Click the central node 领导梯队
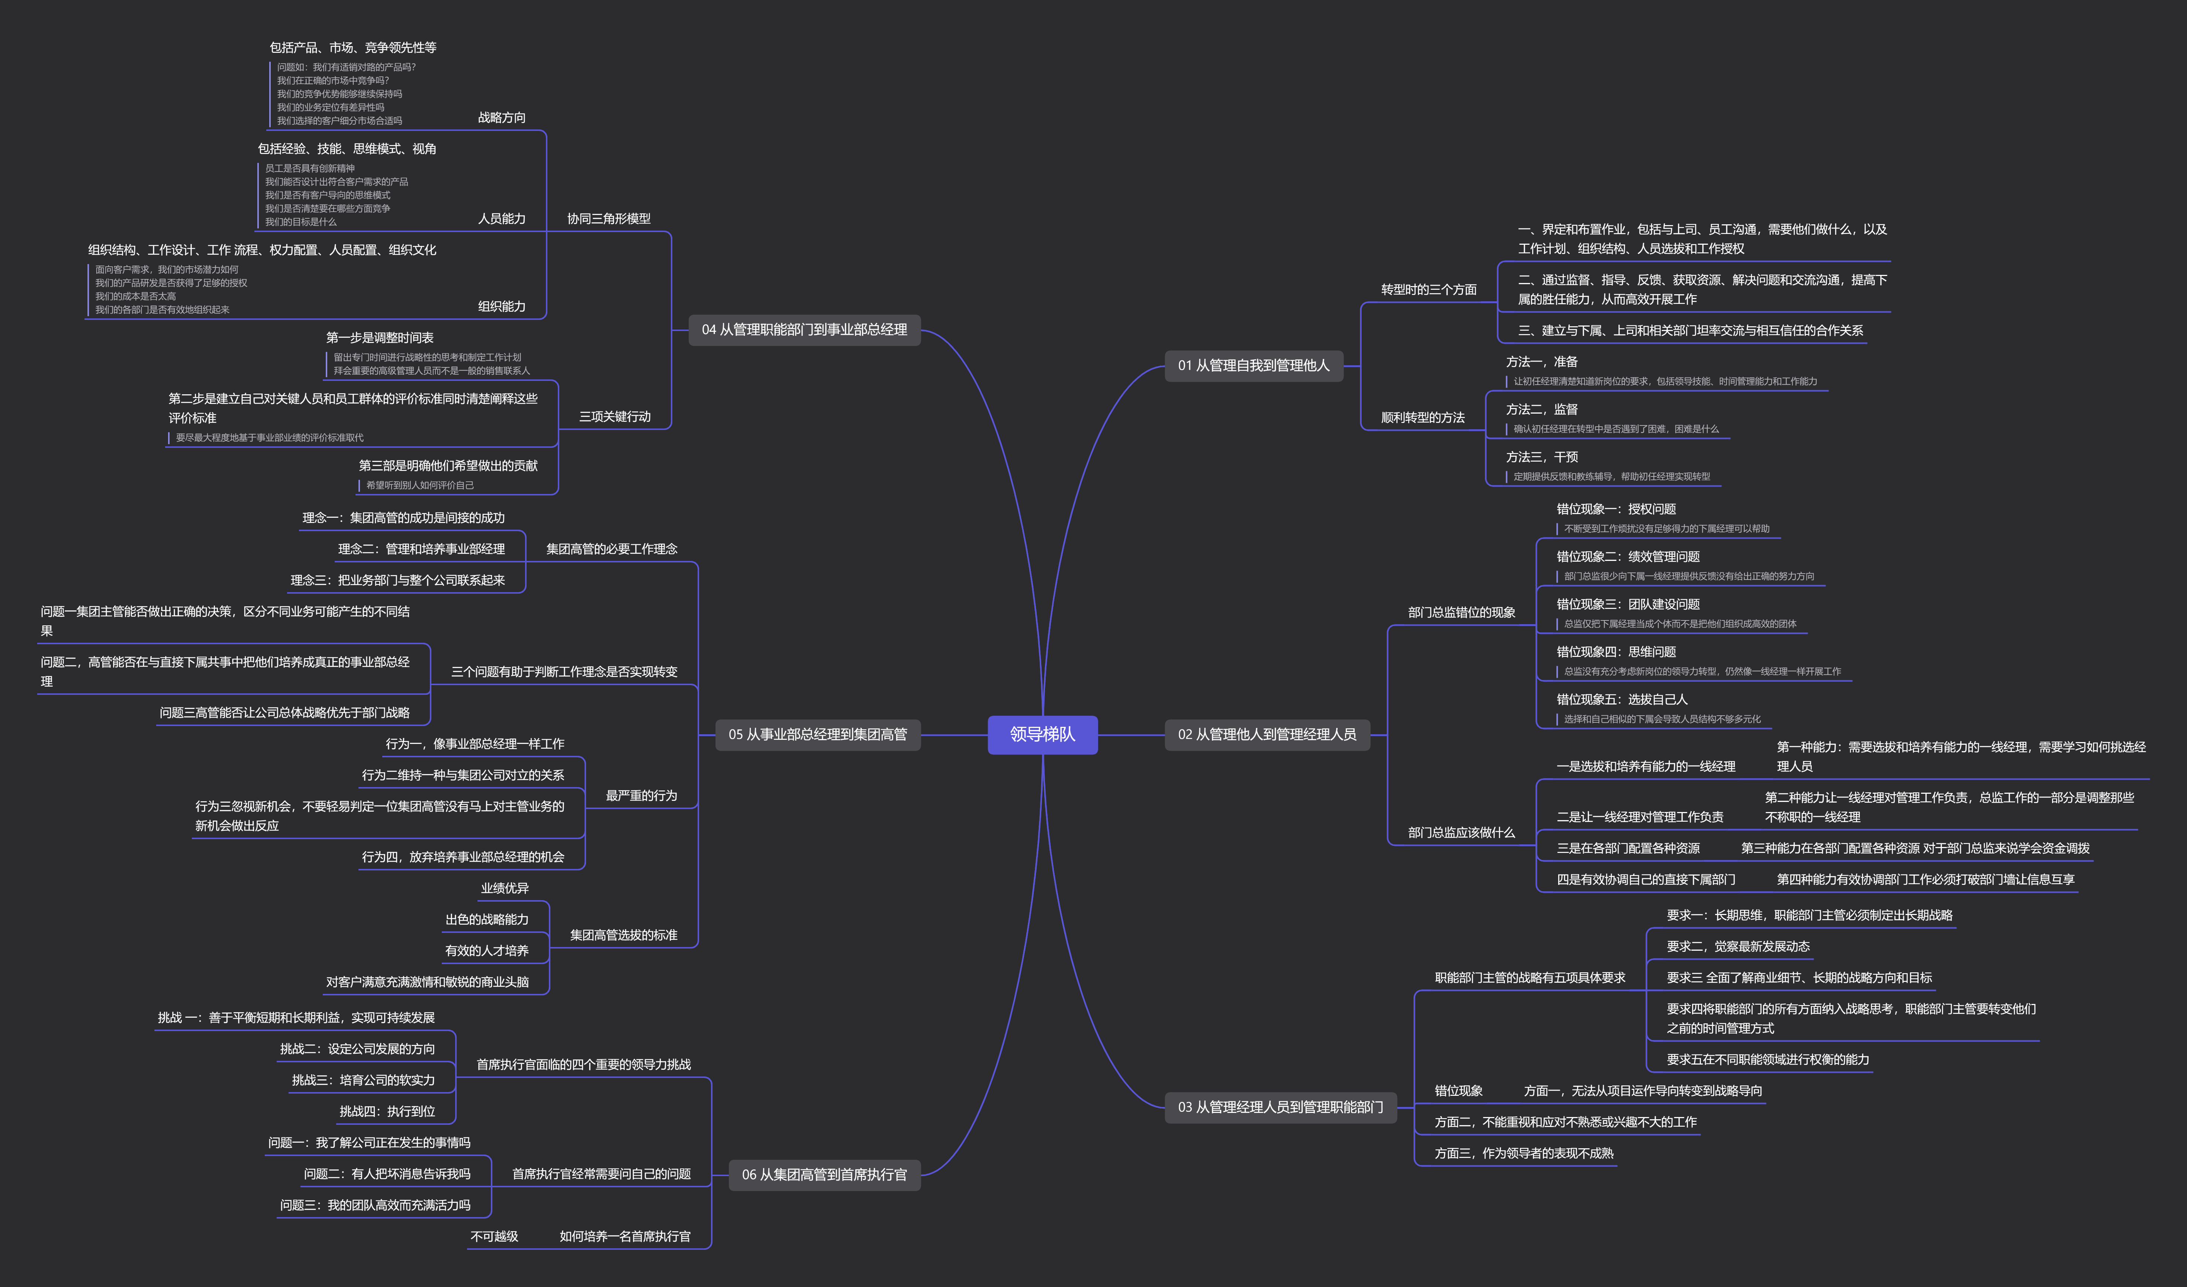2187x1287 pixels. [x=1042, y=734]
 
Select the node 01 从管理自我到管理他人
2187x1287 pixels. [x=1253, y=365]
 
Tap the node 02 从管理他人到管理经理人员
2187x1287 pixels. [x=1266, y=734]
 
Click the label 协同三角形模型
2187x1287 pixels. [x=608, y=219]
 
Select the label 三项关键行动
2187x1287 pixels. [x=614, y=417]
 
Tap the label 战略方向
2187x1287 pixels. [x=502, y=117]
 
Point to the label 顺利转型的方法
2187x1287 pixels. [x=1422, y=417]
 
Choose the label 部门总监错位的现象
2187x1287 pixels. [x=1461, y=613]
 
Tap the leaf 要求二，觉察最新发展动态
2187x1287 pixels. [x=1737, y=946]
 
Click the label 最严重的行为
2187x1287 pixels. [x=641, y=796]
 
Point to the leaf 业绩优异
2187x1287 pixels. [x=504, y=888]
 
